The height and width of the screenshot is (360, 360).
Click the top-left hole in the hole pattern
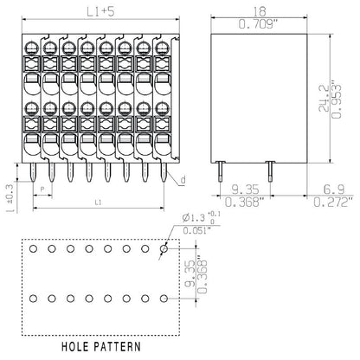(x=34, y=248)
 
